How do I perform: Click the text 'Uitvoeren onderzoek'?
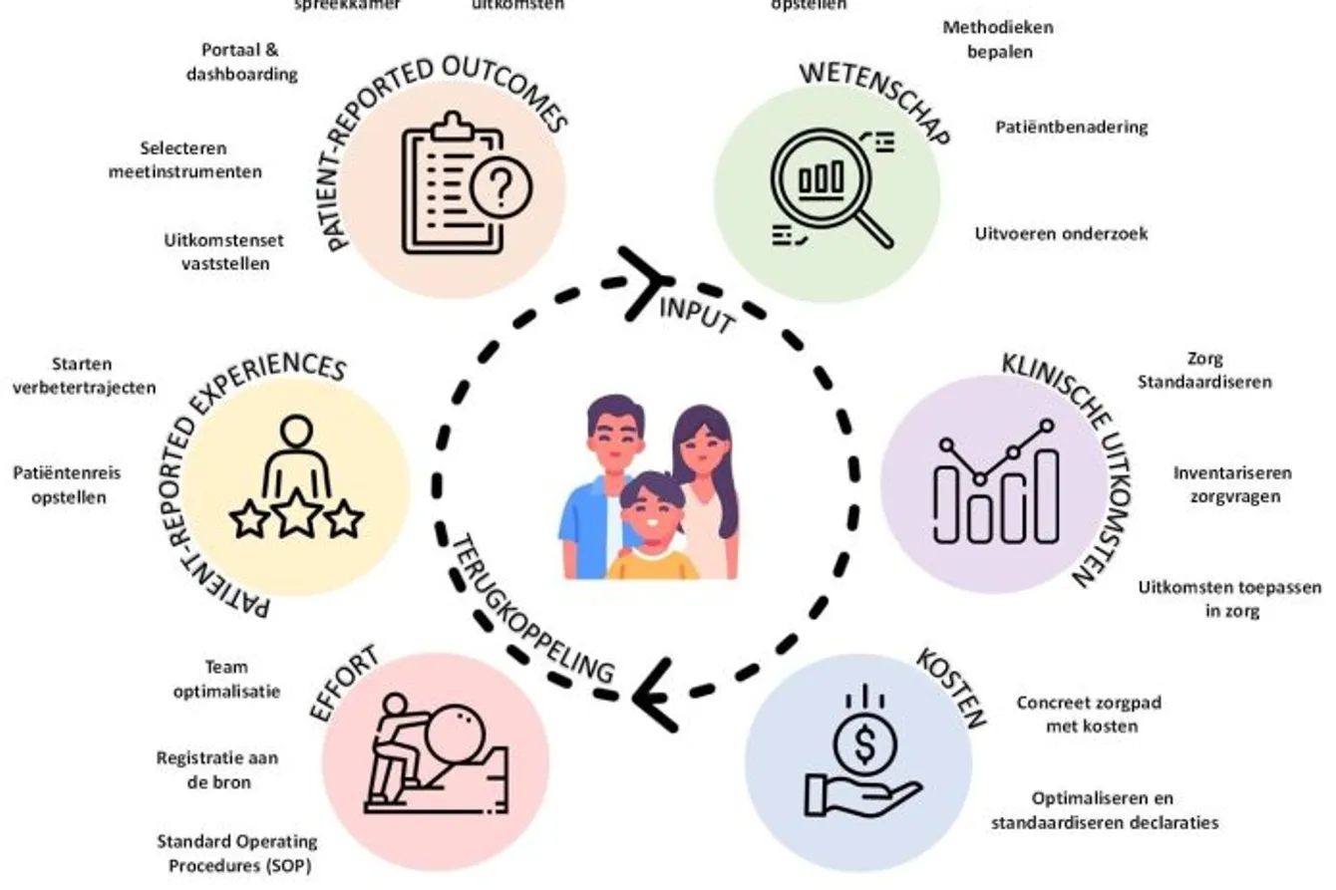pyautogui.click(x=1061, y=234)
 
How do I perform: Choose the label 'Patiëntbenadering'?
pyautogui.click(x=1071, y=127)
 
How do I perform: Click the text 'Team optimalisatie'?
pyautogui.click(x=225, y=679)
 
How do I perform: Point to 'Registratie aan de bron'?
pyautogui.click(x=217, y=769)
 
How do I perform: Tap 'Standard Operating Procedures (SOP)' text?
pyautogui.click(x=235, y=853)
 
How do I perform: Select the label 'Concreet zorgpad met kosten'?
pyautogui.click(x=1089, y=714)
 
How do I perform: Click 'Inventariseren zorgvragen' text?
pyautogui.click(x=1232, y=483)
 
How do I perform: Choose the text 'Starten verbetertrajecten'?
pyautogui.click(x=84, y=376)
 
